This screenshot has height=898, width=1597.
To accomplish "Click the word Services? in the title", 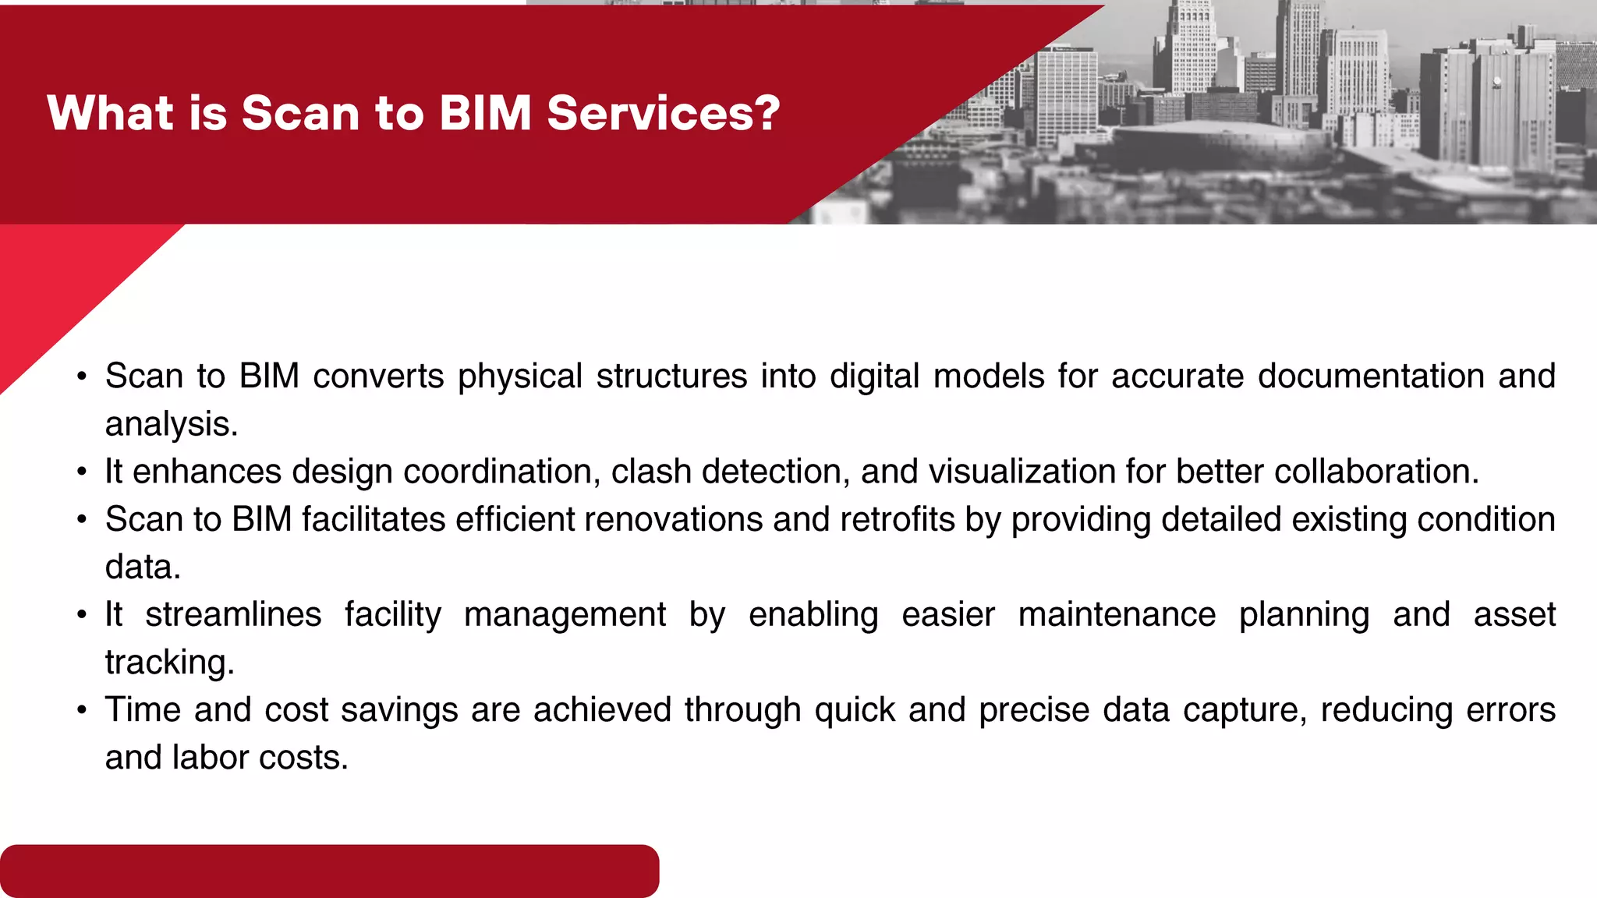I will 663,114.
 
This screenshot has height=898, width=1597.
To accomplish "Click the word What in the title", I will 110,114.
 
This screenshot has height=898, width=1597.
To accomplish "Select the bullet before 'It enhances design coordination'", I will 82,472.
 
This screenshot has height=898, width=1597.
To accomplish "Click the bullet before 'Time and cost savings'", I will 82,711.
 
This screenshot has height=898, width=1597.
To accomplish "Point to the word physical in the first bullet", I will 520,377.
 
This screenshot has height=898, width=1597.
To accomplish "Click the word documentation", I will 1371,376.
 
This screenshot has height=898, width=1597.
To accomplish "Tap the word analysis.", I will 171,425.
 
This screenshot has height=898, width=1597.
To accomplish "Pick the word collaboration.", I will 1376,472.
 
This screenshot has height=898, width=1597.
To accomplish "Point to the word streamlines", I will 233,615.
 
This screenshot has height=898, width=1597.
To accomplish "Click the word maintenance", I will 1117,615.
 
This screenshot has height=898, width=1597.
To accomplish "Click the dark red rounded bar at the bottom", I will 329,871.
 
